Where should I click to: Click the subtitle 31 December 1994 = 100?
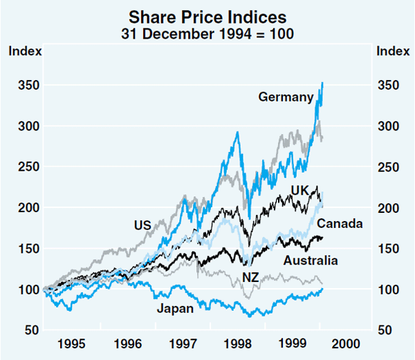pyautogui.click(x=207, y=31)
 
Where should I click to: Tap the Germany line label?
pyautogui.click(x=286, y=97)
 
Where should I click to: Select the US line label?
pyautogui.click(x=142, y=225)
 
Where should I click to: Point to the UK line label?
pyautogui.click(x=299, y=190)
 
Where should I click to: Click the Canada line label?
pyautogui.click(x=340, y=224)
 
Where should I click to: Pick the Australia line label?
pyautogui.click(x=311, y=260)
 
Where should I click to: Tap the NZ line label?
pyautogui.click(x=251, y=278)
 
